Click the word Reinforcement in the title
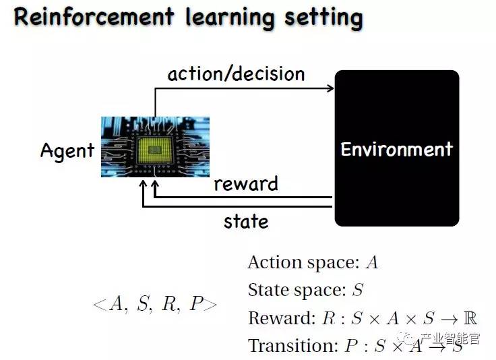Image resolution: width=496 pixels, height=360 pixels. pos(92,16)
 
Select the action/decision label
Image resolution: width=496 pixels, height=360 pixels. pos(236,73)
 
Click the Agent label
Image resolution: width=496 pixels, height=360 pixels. pos(67,150)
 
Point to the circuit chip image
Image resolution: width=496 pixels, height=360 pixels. pos(155,147)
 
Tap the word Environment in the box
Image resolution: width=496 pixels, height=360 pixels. pos(396,149)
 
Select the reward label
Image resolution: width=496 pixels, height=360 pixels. pos(245,183)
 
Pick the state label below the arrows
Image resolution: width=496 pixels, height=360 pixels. pos(245,221)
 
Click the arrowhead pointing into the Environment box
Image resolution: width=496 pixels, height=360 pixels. pos(330,88)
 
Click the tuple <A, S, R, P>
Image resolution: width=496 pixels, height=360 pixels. pos(154,304)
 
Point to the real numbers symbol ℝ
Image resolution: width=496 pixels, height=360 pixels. pos(470,318)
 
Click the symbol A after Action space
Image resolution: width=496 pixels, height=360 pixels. pos(371,262)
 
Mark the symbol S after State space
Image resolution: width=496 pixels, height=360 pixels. pos(358,290)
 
